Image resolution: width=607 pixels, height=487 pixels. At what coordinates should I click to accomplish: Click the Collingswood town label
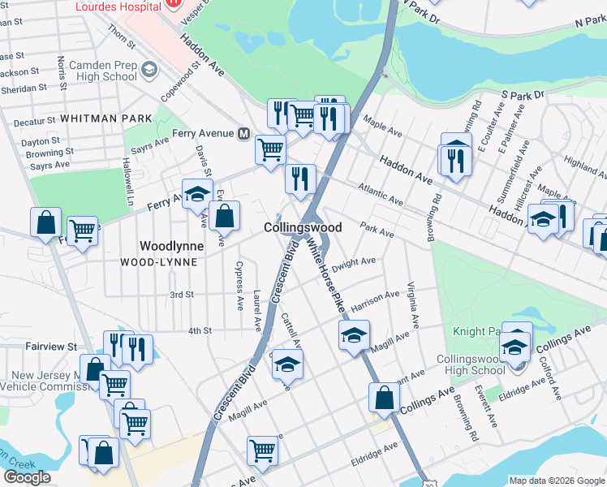[303, 228]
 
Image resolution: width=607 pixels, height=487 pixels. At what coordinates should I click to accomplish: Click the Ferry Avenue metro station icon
[242, 133]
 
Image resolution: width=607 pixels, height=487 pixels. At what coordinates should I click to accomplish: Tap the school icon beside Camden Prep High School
[149, 71]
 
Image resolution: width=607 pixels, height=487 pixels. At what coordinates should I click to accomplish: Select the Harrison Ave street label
[376, 298]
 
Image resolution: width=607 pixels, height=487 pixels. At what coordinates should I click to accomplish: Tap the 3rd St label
[181, 294]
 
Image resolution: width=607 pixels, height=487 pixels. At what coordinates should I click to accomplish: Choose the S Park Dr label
[522, 96]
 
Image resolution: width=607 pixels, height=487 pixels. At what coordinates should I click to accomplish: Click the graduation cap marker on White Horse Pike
[354, 335]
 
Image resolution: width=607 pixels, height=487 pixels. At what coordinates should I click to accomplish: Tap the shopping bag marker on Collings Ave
[384, 398]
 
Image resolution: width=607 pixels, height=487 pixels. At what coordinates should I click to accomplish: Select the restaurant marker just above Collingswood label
[300, 178]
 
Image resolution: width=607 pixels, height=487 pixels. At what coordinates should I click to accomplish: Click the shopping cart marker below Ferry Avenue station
[270, 149]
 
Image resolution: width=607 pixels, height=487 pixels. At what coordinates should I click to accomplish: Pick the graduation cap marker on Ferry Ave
[197, 194]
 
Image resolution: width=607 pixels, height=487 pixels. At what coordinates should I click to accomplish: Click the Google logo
[27, 477]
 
